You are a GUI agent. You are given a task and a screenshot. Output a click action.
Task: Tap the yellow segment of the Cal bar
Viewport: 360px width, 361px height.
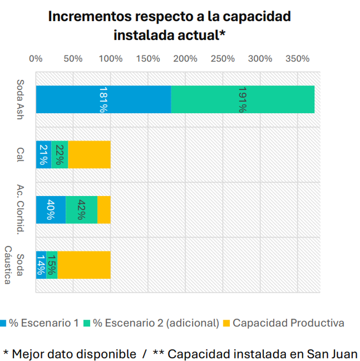coord(89,155)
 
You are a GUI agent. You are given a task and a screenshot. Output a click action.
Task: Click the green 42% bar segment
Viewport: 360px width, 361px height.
coord(81,210)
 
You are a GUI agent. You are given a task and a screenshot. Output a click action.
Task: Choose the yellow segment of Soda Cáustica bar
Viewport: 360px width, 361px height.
coord(84,265)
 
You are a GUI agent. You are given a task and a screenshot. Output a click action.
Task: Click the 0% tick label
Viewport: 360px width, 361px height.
coord(36,59)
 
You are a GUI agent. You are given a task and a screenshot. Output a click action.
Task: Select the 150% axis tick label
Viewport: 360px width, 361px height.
coord(148,59)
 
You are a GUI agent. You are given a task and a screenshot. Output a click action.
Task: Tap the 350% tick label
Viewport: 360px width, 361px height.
coord(297,59)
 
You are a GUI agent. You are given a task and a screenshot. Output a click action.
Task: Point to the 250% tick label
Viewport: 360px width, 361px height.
coord(222,59)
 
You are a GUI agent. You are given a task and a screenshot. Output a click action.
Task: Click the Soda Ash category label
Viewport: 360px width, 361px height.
coord(20,99)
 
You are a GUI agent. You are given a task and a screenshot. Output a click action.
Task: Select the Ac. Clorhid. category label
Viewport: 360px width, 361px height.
coord(20,210)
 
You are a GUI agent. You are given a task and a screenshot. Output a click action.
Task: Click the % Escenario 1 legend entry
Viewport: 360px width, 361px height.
coord(44,323)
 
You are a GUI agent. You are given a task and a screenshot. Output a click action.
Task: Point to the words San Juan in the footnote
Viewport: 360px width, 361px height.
coord(331,353)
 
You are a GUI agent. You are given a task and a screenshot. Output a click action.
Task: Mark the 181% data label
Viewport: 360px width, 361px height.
coord(103,99)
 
